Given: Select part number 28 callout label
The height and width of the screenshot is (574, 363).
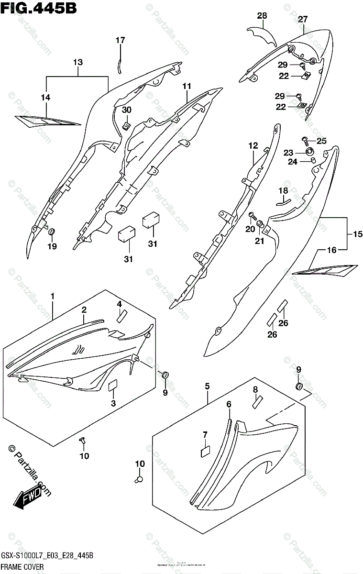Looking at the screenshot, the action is (x=262, y=16).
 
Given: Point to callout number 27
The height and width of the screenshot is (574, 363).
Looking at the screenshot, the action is (x=302, y=20).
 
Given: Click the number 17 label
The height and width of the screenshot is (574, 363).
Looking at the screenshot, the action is (x=120, y=41).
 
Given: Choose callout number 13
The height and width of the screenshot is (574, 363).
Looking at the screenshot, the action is (x=78, y=62).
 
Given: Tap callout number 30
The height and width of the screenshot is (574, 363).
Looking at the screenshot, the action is (x=126, y=110).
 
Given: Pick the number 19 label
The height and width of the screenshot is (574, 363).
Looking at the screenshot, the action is (x=52, y=246).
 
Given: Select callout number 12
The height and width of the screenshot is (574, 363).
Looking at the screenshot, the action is (x=253, y=145).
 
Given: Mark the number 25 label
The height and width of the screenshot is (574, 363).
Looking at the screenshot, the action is (x=321, y=141).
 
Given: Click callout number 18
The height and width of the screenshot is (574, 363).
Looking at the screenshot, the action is (x=284, y=191).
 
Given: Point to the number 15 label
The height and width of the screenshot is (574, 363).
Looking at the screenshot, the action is (x=358, y=234).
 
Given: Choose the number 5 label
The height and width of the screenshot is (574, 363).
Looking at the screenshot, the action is (x=207, y=386).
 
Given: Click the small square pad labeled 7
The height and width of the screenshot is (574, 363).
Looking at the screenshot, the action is (x=205, y=450).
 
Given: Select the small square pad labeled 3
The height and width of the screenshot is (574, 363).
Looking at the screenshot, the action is (x=114, y=386).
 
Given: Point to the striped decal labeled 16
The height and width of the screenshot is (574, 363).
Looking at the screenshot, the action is (x=325, y=271).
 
